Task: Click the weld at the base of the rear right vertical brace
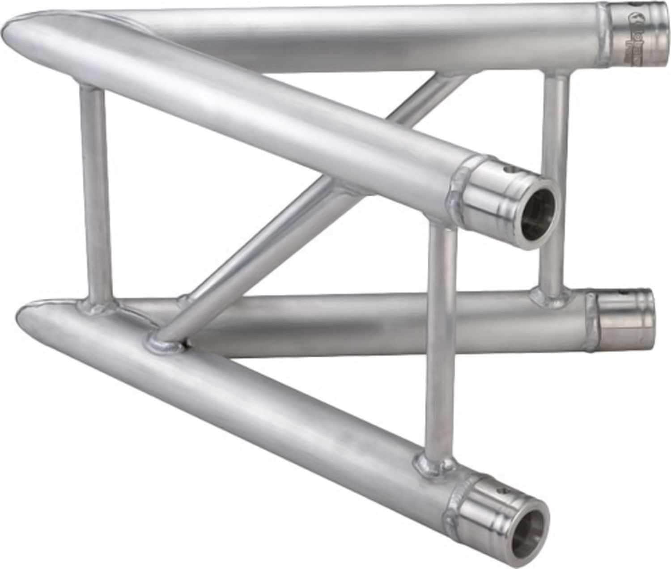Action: point(548,295)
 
